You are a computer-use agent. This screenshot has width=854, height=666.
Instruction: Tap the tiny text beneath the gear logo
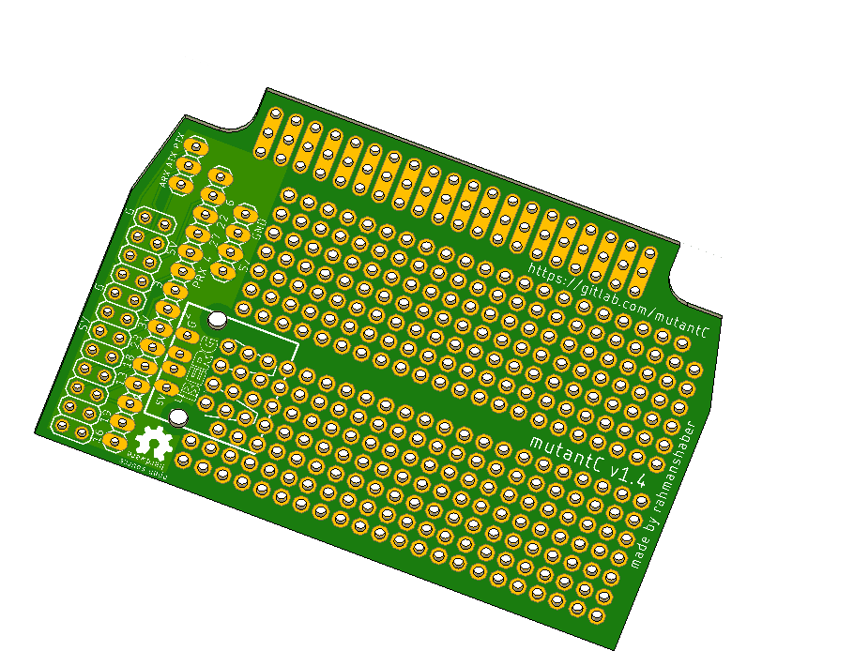tap(145, 466)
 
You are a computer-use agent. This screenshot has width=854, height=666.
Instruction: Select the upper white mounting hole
tap(218, 321)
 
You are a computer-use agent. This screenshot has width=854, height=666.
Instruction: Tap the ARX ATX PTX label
tap(173, 159)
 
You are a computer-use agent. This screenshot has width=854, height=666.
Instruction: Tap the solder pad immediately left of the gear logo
tap(116, 441)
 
